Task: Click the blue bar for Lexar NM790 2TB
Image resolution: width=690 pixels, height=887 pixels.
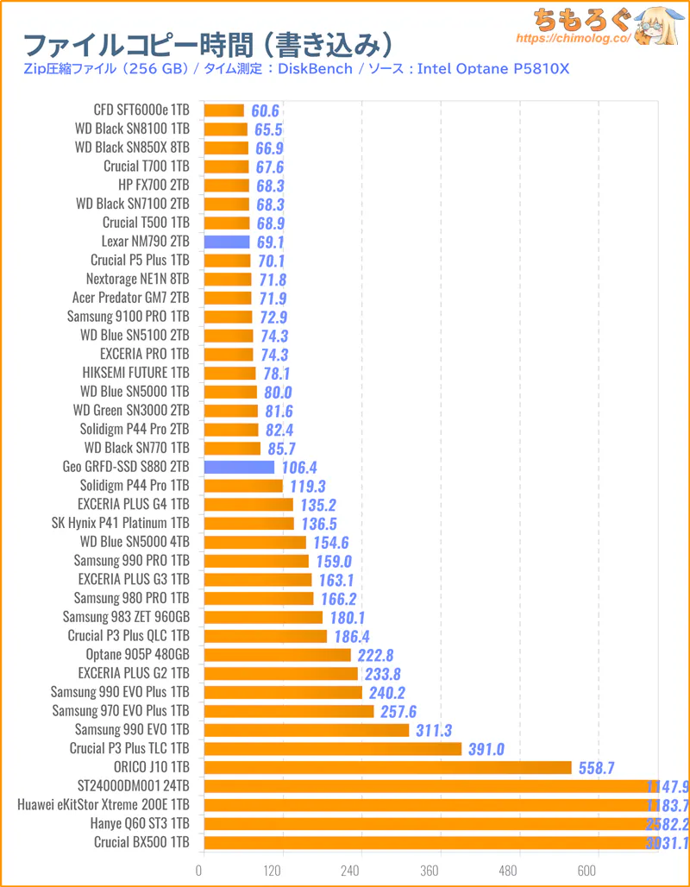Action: [227, 242]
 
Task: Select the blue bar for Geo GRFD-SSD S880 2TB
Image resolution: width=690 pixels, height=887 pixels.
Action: [239, 467]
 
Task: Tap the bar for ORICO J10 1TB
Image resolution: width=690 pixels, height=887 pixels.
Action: [387, 767]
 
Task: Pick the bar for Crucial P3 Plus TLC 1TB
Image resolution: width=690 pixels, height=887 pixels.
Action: [333, 748]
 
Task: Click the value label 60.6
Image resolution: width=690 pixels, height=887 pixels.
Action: [266, 110]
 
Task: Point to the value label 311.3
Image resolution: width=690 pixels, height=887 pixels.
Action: [435, 730]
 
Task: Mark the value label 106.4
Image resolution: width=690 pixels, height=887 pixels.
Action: [299, 467]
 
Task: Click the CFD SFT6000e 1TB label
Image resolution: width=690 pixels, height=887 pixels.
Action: [141, 110]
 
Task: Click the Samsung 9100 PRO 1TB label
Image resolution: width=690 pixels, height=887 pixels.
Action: [128, 317]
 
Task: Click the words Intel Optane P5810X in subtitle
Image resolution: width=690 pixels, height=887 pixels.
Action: [493, 68]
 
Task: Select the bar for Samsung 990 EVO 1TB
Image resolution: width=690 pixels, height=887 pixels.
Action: [306, 730]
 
